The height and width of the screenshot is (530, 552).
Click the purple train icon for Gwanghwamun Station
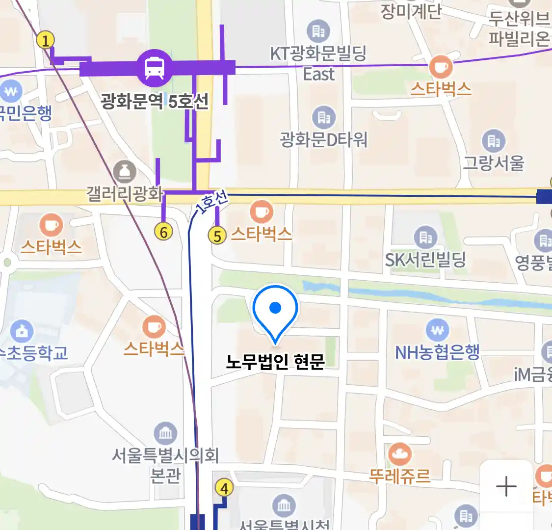155,68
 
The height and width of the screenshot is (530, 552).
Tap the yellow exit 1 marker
46,40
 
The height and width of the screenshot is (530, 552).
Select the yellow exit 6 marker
163,231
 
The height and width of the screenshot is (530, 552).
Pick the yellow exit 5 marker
217,236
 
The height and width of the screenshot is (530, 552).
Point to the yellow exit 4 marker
224,488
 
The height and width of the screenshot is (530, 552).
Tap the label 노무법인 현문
275,362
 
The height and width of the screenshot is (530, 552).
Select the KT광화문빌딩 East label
318,63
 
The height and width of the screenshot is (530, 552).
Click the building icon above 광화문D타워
324,117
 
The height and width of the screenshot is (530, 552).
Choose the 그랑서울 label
494,162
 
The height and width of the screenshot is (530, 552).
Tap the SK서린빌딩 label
425,260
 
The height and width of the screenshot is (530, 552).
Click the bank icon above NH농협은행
437,330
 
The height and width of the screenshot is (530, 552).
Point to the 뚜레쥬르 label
400,476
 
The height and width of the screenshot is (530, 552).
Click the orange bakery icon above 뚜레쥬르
400,455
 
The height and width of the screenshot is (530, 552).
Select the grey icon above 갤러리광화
125,172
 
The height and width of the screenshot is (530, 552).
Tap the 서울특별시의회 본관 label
165,465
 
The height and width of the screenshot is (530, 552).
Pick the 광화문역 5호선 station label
155,102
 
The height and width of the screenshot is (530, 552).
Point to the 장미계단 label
411,11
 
